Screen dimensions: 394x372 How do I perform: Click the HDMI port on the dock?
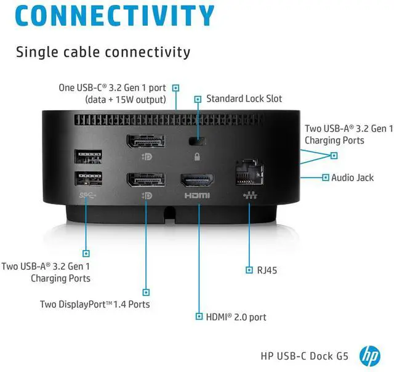(196, 180)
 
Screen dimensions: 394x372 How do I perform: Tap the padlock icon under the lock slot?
(197, 157)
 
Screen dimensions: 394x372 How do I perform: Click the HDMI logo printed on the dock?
(196, 195)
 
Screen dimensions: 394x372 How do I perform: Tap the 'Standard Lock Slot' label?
(244, 99)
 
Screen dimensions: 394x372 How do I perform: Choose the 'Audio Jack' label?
(352, 177)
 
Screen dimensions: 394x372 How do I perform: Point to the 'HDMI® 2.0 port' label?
(236, 317)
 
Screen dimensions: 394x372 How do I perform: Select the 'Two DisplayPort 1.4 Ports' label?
(95, 304)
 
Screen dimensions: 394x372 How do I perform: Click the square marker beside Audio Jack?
(325, 177)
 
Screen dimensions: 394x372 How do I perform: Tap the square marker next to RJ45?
(249, 270)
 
